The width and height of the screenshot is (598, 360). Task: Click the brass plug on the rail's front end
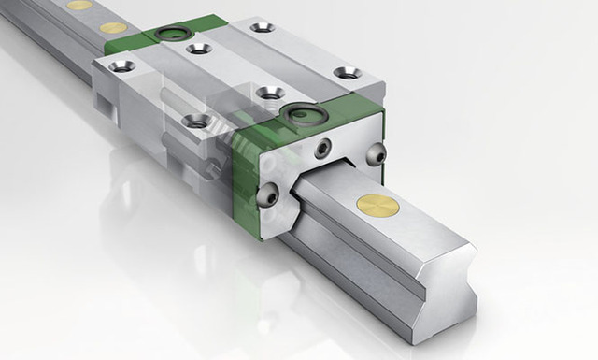379,206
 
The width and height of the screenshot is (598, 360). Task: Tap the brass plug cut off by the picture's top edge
80,5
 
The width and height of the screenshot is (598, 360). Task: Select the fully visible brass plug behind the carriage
113,29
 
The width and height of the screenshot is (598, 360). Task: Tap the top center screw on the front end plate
322,147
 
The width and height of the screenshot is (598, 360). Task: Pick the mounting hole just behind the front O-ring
270,93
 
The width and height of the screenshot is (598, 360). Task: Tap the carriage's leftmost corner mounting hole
121,65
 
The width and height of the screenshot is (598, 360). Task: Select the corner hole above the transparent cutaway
196,121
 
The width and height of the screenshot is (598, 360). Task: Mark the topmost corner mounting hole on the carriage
263,27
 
